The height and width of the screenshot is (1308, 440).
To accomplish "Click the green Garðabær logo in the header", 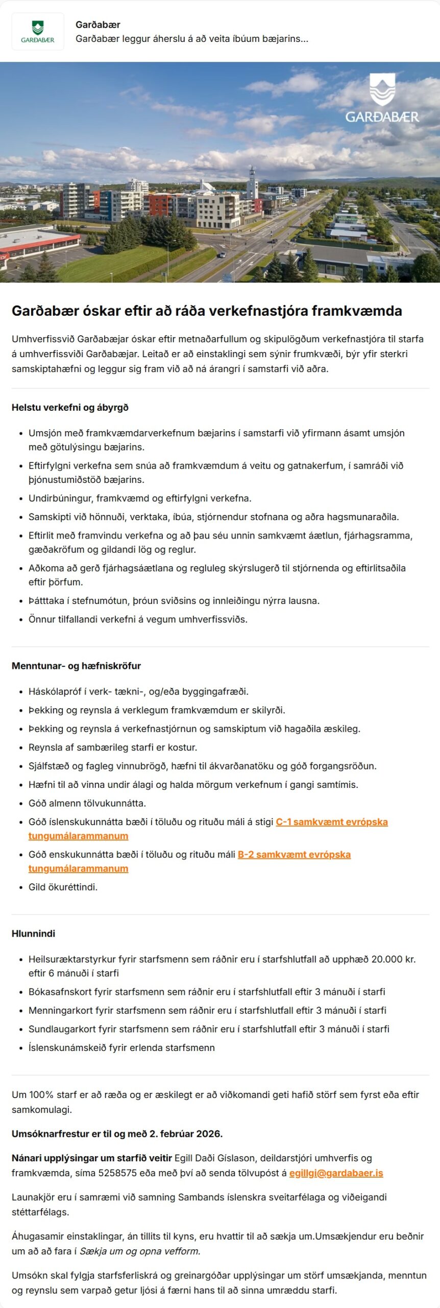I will coord(38,32).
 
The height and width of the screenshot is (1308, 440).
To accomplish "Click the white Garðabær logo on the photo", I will coord(382,99).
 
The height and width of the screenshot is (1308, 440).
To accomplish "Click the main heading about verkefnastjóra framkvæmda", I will coord(207,311).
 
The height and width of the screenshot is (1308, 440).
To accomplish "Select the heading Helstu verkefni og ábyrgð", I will coord(70,407).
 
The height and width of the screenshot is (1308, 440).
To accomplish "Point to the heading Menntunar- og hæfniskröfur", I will coord(76,666).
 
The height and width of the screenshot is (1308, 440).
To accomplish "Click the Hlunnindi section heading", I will coord(33,933).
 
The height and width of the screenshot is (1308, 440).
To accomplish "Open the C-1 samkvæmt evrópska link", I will coord(332,822).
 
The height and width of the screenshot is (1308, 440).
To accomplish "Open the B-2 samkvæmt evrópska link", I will coord(294,855).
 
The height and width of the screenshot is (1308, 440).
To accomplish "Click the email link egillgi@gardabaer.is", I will coord(336,1173).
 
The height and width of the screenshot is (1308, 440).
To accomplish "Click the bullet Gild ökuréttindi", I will coord(63,887).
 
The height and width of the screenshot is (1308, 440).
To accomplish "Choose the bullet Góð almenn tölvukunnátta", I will coord(87,803).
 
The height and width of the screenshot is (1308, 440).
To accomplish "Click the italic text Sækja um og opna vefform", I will coord(140,1251).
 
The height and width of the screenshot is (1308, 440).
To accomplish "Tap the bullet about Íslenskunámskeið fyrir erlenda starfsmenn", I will coord(121,1048).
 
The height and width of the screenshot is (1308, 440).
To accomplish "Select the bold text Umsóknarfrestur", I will coord(50,1134).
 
